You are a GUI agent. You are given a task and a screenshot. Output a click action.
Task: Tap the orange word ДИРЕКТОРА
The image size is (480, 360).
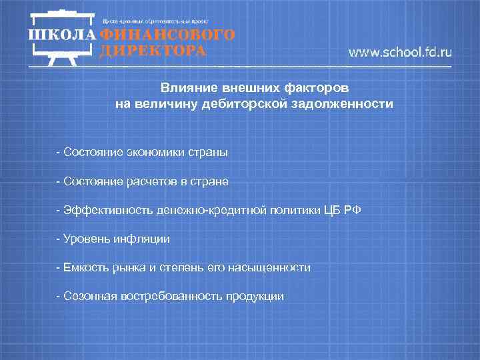tap(152, 51)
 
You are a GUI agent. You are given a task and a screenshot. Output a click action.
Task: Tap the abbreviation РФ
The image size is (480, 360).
tap(355, 210)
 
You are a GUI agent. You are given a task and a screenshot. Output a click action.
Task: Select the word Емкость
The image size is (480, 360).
tap(83, 267)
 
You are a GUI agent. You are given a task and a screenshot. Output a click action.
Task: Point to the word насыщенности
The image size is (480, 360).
tap(275, 267)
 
